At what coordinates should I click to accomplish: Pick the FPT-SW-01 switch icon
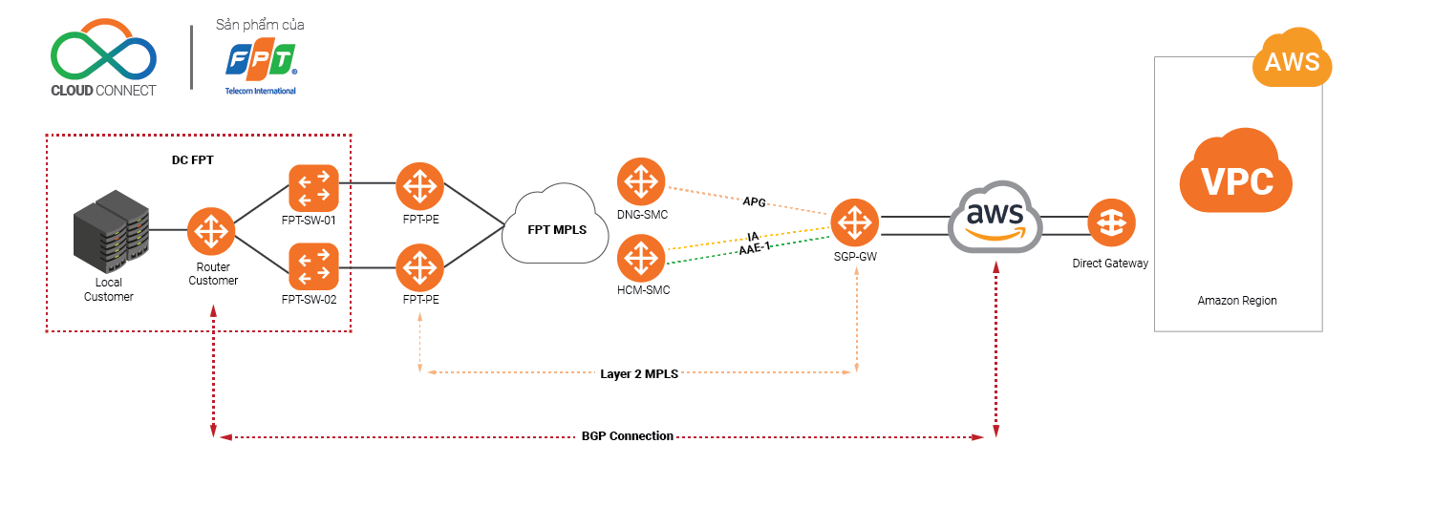(313, 187)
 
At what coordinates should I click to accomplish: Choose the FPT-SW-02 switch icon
(313, 266)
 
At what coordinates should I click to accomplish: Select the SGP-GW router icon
(854, 223)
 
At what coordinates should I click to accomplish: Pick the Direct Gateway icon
(1111, 223)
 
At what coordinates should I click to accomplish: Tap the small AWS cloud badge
(1292, 59)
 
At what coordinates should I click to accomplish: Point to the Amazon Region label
(1237, 301)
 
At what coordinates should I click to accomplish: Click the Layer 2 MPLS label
(639, 374)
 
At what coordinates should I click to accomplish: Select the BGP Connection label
(627, 436)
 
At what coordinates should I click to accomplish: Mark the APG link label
(754, 202)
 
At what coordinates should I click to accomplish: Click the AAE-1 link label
(754, 250)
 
